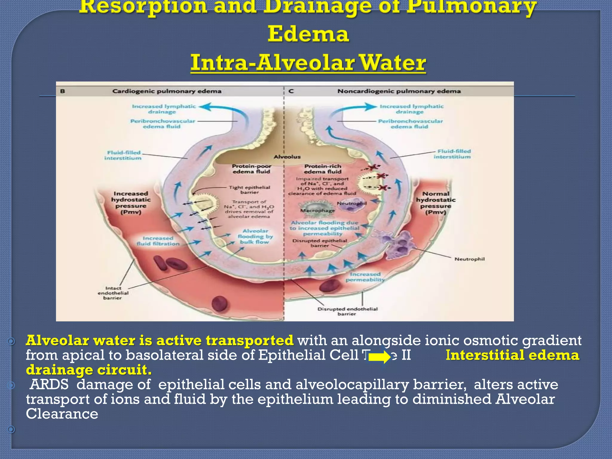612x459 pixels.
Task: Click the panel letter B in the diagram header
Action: tap(63, 91)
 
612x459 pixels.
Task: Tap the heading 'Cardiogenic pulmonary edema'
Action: tap(167, 91)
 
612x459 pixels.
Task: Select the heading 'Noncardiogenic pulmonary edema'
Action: tap(399, 91)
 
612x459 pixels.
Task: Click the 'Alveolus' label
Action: tap(287, 157)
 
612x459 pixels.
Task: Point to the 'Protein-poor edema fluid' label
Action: tap(252, 169)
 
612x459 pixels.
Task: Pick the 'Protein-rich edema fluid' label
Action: tap(323, 169)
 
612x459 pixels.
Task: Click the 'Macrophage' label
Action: tap(317, 210)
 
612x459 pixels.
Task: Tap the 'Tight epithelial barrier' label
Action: tap(250, 190)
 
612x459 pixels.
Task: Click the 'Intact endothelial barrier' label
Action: tap(113, 293)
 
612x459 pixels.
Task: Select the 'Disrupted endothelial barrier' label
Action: tap(347, 311)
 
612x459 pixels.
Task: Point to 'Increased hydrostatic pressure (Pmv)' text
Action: tap(131, 203)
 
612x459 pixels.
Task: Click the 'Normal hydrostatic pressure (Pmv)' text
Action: tap(436, 203)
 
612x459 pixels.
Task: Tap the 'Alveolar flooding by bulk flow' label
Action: tap(255, 236)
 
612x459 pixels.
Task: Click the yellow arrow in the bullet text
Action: tap(379, 357)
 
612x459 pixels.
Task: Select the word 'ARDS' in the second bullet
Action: tap(49, 385)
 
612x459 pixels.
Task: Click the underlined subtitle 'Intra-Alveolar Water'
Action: tap(308, 63)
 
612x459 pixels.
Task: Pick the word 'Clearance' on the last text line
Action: tap(62, 414)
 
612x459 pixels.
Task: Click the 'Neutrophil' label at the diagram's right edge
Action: tap(469, 259)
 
